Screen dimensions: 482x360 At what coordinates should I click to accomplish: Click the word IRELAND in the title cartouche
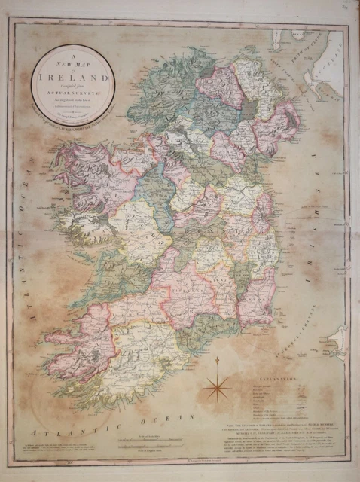(x=73, y=75)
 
